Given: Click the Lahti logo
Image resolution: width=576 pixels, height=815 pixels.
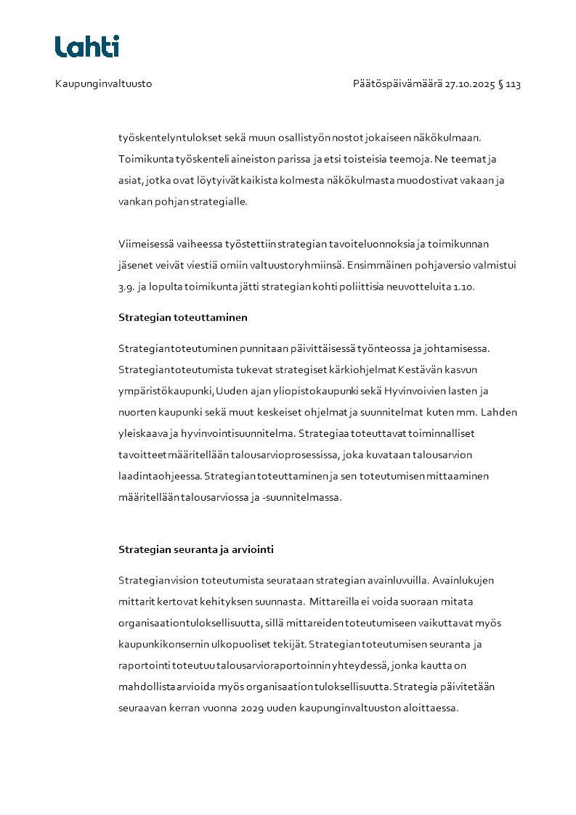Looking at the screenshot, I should [87, 46].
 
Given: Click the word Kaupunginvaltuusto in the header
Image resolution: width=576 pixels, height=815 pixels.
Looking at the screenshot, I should [103, 84].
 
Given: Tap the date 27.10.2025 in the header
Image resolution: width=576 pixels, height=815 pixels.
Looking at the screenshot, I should [469, 84].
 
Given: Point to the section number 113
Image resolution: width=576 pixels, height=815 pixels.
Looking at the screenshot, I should [513, 84].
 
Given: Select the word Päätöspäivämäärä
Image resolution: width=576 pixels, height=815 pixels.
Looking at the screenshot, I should [397, 84].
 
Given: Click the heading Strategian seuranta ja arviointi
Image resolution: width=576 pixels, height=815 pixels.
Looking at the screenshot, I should [196, 549].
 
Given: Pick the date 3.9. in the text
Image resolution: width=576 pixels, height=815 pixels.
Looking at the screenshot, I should [126, 287].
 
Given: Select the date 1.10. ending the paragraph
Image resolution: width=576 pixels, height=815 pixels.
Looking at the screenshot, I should [463, 287].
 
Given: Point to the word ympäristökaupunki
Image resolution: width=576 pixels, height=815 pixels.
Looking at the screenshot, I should [166, 391].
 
